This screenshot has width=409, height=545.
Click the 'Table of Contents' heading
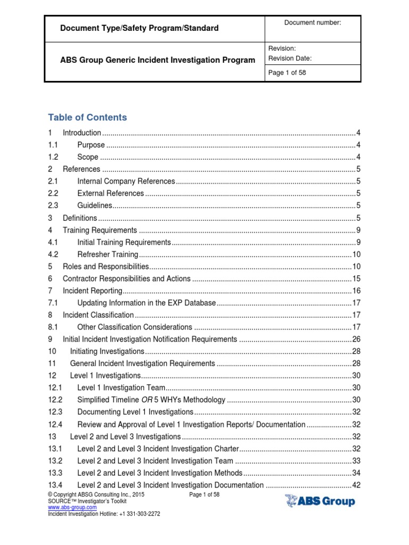87,117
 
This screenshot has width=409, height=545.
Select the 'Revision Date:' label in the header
290,59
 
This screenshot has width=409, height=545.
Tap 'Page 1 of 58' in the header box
287,73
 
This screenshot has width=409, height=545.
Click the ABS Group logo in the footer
320,501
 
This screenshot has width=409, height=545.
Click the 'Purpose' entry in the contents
91,145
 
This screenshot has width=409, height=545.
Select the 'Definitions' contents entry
80,218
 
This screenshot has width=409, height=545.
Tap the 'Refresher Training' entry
108,254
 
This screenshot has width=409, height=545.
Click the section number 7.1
52,302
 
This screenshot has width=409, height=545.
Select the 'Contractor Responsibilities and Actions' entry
126,278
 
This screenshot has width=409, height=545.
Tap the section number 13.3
55,473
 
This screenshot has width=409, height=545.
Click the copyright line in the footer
96,494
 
